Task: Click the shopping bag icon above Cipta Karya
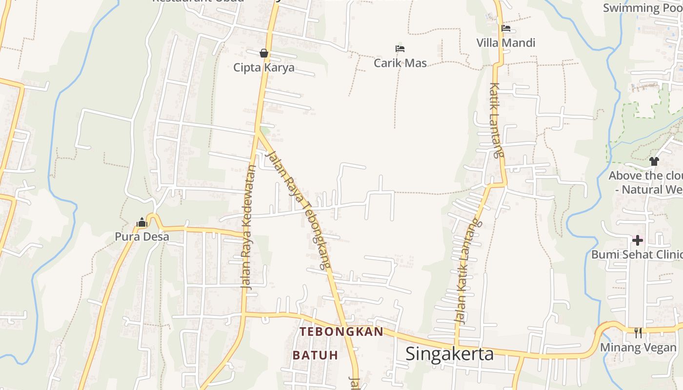click(x=264, y=53)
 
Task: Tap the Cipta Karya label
click(x=264, y=67)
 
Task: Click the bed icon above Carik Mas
click(x=400, y=49)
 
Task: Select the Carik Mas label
click(x=400, y=63)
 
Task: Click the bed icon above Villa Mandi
click(x=506, y=28)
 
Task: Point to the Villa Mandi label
click(x=506, y=43)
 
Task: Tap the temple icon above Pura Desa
click(x=142, y=223)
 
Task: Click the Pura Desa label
click(x=142, y=237)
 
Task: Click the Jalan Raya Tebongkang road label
click(x=298, y=210)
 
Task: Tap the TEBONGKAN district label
click(x=341, y=332)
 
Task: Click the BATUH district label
click(x=315, y=355)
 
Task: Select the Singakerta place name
click(x=449, y=354)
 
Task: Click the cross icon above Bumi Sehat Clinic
click(x=637, y=240)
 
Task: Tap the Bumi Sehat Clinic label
click(x=636, y=254)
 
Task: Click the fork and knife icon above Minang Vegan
click(x=638, y=333)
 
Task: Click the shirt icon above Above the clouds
click(x=654, y=161)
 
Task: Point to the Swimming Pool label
click(x=642, y=8)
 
